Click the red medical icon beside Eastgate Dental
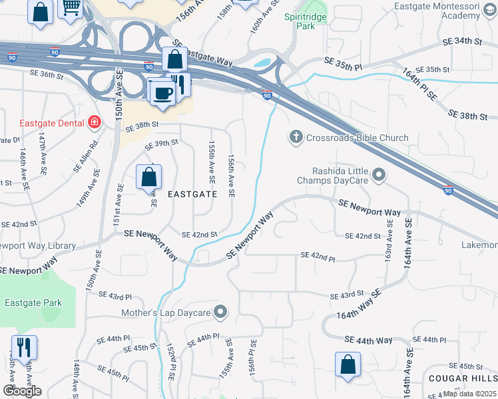(95, 123)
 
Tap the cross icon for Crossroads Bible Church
(296, 138)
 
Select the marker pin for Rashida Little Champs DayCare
(379, 176)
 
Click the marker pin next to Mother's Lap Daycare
(221, 312)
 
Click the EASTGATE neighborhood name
(192, 194)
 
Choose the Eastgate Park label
(33, 303)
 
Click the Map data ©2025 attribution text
(469, 394)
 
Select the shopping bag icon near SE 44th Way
(348, 364)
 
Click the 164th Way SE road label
(358, 305)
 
